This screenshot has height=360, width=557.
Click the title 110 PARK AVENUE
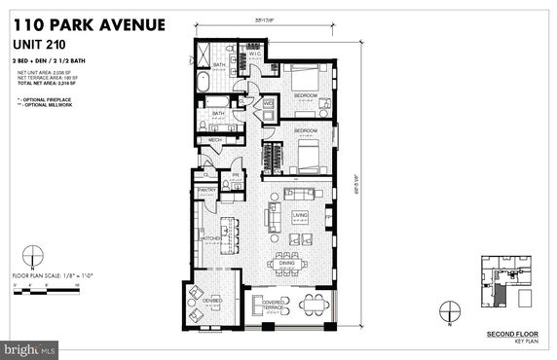click(x=89, y=23)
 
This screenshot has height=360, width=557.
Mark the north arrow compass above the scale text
click(x=32, y=261)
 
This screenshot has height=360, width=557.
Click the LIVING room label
click(x=300, y=215)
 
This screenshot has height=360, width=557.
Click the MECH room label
click(x=215, y=140)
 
